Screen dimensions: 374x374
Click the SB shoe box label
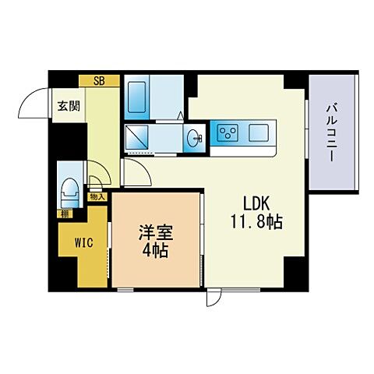point(99,79)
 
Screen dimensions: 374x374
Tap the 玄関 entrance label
point(63,108)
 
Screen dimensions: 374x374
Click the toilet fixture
point(69,187)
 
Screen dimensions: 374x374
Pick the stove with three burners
point(229,132)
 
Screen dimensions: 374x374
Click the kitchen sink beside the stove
point(259,132)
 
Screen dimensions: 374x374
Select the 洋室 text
point(157,233)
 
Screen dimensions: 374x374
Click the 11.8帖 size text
point(256,221)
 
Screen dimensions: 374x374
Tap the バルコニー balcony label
point(331,132)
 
